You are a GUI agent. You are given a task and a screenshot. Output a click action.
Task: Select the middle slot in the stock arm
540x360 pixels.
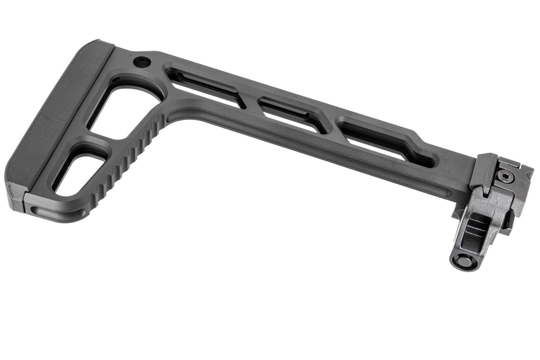(291, 112)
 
